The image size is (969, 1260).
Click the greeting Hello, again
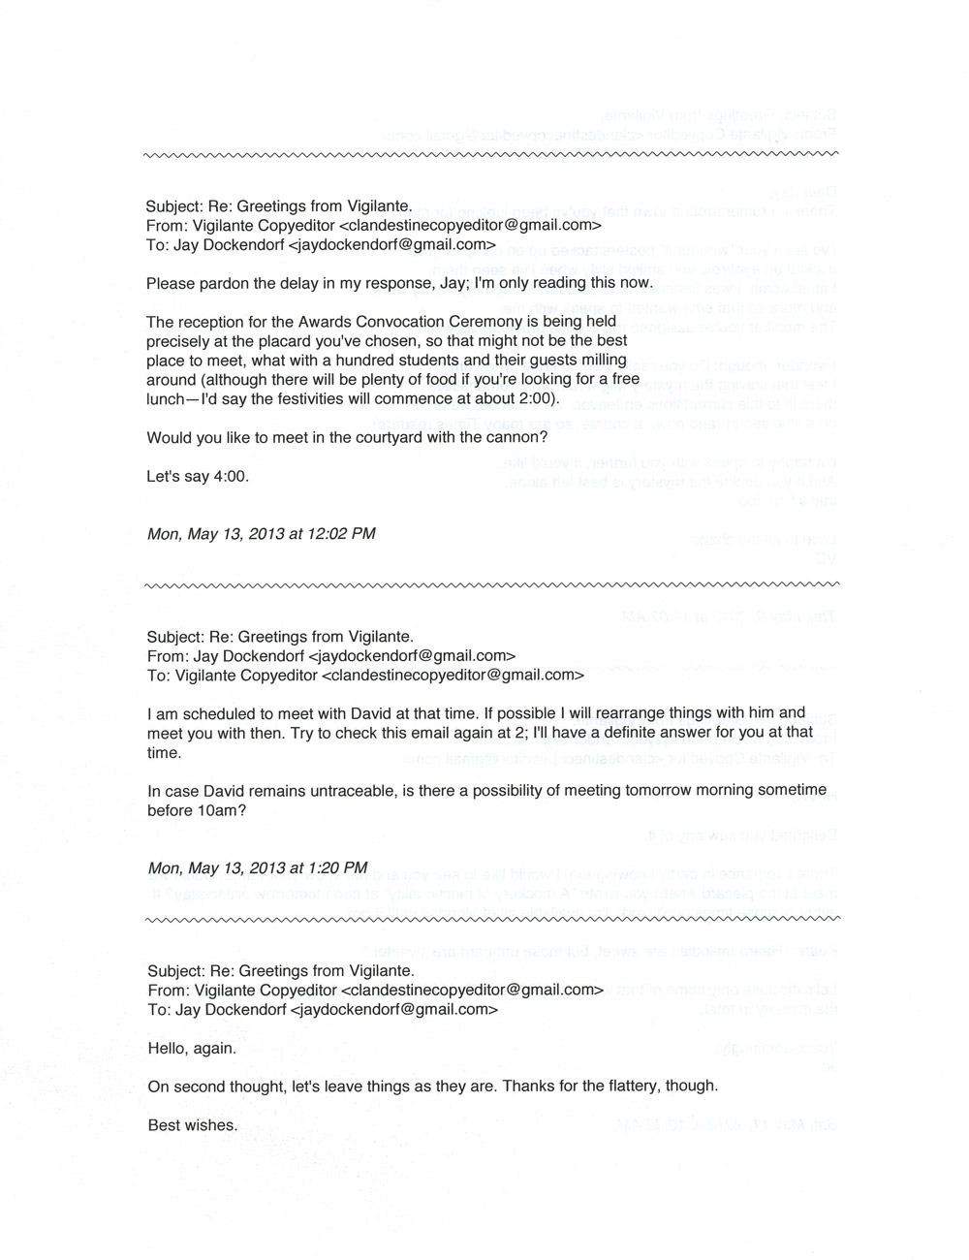(x=191, y=1048)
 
